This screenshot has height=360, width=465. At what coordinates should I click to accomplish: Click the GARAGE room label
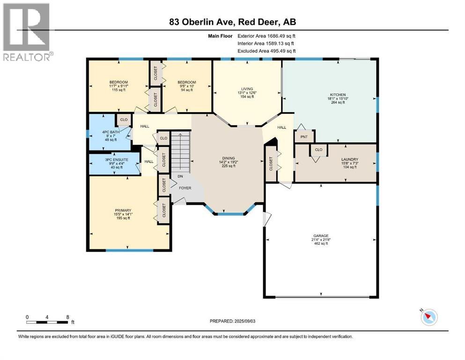point(321,236)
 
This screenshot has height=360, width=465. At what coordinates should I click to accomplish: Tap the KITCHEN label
point(338,95)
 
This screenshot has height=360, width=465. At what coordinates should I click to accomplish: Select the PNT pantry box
point(304,137)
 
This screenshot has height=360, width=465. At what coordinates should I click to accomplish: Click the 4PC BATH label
point(111,132)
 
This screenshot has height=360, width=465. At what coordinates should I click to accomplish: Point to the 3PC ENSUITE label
point(117,160)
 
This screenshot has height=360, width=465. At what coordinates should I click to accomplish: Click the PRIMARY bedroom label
point(123,210)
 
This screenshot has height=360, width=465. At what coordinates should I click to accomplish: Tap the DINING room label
point(229,158)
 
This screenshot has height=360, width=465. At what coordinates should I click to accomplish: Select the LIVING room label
point(247,89)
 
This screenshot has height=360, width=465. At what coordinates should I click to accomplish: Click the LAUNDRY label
point(350,159)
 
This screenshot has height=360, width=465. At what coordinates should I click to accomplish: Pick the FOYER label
point(185,188)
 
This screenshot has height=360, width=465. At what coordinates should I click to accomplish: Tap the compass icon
point(429,317)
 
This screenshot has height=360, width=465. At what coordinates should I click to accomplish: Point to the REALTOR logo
point(27,32)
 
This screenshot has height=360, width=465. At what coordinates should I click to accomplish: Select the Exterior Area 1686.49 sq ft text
point(266,36)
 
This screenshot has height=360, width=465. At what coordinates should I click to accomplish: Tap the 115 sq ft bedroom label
point(118,90)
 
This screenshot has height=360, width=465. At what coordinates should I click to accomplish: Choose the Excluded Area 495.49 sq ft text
point(266,51)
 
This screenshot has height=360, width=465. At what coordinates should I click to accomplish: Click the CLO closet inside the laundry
point(319,150)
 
